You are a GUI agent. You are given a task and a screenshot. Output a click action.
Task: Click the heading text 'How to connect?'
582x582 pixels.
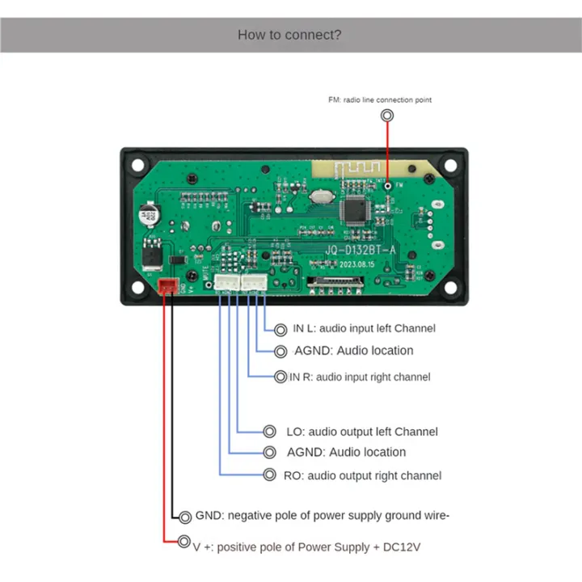289,35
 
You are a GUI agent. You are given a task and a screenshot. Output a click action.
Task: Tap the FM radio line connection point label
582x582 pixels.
379,99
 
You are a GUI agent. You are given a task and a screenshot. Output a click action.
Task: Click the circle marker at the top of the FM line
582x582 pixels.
388,116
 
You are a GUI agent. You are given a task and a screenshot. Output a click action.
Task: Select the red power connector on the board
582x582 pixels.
168,285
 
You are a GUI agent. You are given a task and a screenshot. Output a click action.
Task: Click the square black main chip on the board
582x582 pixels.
356,209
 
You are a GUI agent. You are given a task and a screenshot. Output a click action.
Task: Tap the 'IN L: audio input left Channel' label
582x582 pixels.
364,328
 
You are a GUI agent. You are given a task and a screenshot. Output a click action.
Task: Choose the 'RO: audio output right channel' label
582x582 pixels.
362,475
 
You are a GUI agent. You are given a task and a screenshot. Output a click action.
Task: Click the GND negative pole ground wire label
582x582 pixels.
322,516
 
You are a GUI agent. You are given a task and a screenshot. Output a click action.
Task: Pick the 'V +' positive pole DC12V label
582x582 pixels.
306,547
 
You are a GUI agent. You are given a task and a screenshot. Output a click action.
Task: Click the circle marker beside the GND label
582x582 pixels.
185,517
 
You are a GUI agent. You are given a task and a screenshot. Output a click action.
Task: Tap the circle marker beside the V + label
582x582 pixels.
183,542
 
